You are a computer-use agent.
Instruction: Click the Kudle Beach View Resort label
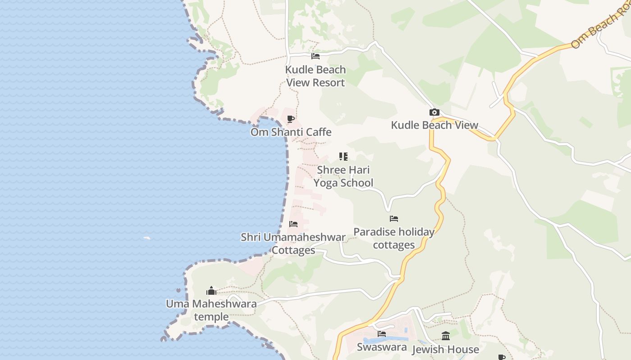click(315, 76)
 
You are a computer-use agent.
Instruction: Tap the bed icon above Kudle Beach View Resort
click(315, 56)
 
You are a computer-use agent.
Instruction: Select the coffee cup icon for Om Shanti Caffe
click(291, 119)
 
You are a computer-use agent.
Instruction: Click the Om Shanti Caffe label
click(291, 132)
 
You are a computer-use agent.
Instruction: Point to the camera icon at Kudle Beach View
click(434, 112)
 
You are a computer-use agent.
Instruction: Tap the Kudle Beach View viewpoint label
click(434, 125)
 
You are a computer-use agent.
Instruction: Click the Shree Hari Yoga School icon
click(343, 157)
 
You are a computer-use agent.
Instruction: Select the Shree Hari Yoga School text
click(343, 176)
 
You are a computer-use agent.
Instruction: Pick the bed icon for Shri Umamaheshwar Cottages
click(293, 224)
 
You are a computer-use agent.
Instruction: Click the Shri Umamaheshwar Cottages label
click(293, 243)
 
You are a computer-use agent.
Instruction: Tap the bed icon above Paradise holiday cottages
click(394, 219)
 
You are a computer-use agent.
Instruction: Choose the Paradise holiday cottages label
click(394, 238)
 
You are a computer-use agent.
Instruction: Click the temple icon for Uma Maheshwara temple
click(211, 291)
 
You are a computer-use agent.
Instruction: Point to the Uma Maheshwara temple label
click(211, 310)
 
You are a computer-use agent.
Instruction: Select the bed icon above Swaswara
click(382, 334)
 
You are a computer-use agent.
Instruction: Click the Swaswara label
click(382, 347)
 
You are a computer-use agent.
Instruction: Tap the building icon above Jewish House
click(446, 336)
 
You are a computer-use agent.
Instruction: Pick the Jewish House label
click(445, 349)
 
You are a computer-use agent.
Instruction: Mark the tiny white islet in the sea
click(147, 238)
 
